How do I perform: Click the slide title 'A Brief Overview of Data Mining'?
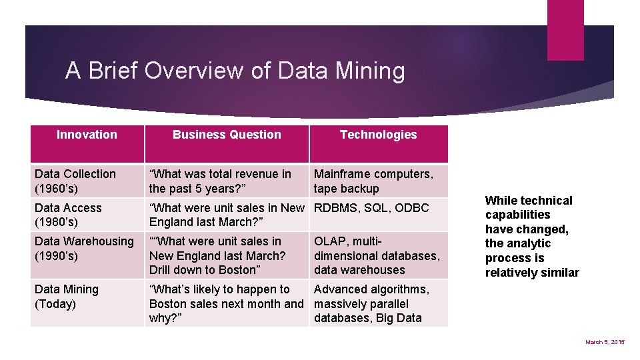pyautogui.click(x=235, y=71)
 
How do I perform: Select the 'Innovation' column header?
pyautogui.click(x=87, y=135)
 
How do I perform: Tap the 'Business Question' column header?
pyautogui.click(x=227, y=135)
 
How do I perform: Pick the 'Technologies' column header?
pyautogui.click(x=378, y=135)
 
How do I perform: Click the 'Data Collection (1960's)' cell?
pyautogui.click(x=75, y=181)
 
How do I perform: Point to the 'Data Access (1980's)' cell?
pyautogui.click(x=68, y=215)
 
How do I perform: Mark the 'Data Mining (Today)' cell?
pyautogui.click(x=67, y=297)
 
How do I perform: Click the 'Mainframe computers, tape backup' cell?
pyautogui.click(x=373, y=181)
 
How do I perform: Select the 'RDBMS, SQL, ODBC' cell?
pyautogui.click(x=371, y=208)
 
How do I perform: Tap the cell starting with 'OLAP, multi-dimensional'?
pyautogui.click(x=377, y=255)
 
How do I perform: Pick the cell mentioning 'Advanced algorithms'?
pyautogui.click(x=371, y=303)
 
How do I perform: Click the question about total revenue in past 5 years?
pyautogui.click(x=220, y=181)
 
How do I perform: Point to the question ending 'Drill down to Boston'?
pyautogui.click(x=217, y=255)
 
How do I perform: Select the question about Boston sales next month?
pyautogui.click(x=226, y=303)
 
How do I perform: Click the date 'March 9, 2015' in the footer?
pyautogui.click(x=605, y=342)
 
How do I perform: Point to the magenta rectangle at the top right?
pyautogui.click(x=565, y=30)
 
